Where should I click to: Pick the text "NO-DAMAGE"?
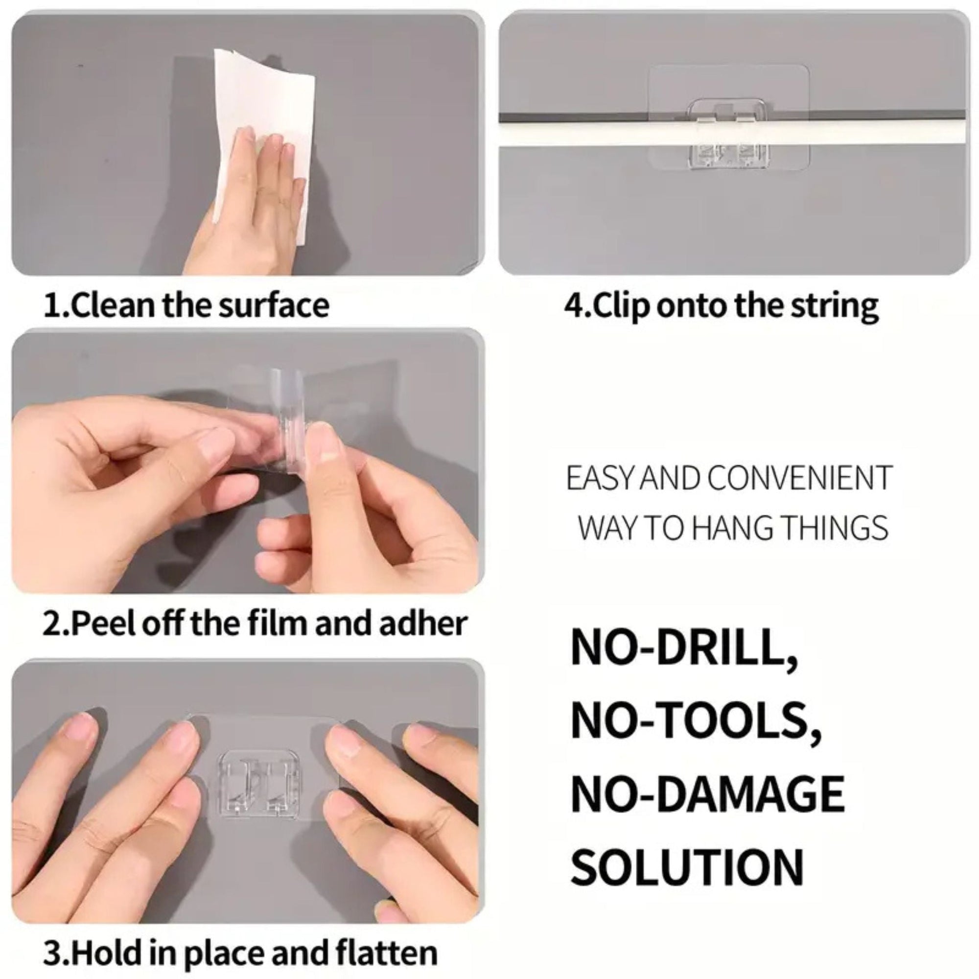708,793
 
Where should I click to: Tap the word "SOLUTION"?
688,866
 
